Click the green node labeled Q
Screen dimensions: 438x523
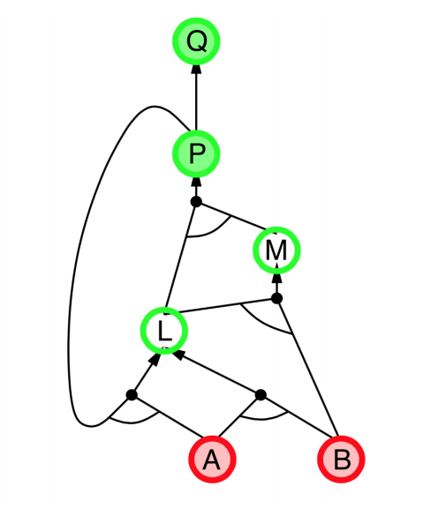click(196, 41)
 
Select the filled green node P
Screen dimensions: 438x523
click(196, 153)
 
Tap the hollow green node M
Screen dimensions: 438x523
click(276, 250)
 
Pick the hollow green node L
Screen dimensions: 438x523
click(164, 331)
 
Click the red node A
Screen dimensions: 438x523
click(212, 459)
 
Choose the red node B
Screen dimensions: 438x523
click(341, 459)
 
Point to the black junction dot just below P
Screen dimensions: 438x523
click(196, 202)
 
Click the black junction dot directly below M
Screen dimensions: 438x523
click(276, 298)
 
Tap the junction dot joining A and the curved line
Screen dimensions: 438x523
click(132, 395)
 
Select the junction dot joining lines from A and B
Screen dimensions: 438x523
click(261, 395)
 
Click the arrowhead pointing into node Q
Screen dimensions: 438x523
click(196, 70)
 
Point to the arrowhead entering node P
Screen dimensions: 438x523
click(196, 183)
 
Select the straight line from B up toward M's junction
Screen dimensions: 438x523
click(307, 367)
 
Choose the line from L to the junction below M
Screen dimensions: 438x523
click(227, 305)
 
